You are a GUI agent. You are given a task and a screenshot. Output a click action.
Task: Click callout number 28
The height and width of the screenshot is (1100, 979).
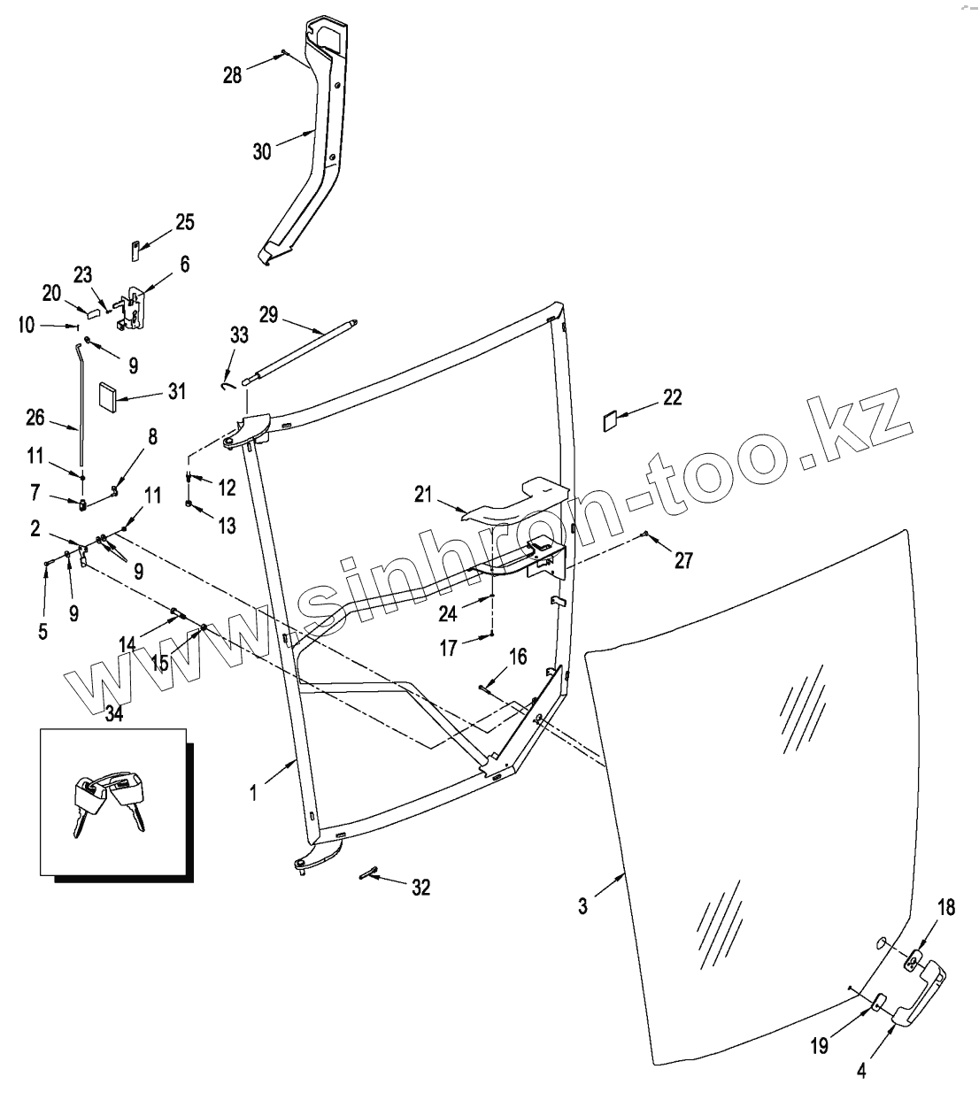(x=232, y=75)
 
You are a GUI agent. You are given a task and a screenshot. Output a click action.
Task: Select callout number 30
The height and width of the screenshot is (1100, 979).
(x=261, y=151)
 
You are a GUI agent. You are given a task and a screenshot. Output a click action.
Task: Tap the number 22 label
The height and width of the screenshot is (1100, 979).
(x=672, y=397)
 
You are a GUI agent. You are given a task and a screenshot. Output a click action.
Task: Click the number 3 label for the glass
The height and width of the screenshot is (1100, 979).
(x=582, y=907)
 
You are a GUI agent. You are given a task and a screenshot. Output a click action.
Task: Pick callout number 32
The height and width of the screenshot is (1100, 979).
(x=420, y=887)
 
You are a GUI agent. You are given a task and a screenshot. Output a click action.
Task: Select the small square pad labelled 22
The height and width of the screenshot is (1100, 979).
(x=611, y=419)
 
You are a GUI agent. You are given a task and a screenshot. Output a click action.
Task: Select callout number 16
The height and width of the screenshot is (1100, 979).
(x=518, y=656)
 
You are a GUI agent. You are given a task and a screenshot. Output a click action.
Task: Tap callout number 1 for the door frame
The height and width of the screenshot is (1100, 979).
(x=253, y=793)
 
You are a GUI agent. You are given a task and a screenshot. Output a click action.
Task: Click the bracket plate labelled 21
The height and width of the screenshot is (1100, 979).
(x=513, y=500)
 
